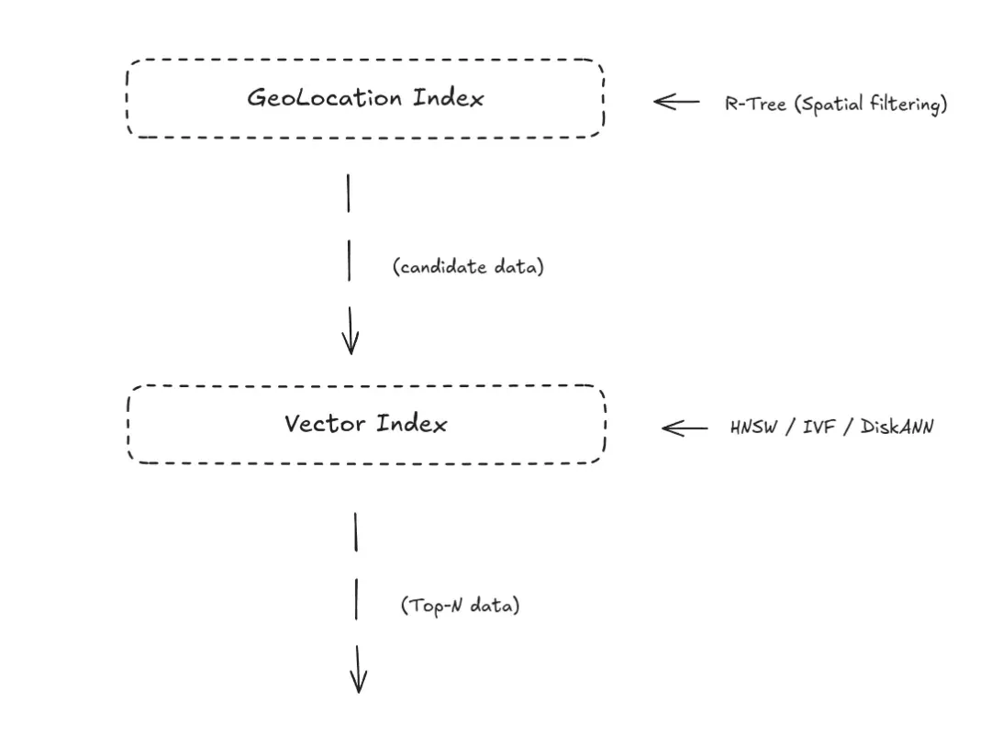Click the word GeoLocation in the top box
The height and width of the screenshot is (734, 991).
tap(324, 98)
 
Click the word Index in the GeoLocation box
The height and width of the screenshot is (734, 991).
tap(448, 97)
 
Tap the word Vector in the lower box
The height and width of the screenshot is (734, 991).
tap(324, 424)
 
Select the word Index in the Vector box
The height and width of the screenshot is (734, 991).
tap(411, 423)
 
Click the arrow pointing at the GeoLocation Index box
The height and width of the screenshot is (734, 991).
tap(676, 101)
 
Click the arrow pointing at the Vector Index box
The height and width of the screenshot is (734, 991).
tap(685, 428)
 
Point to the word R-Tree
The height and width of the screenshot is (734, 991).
tap(755, 103)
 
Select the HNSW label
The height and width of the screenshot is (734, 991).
tap(753, 428)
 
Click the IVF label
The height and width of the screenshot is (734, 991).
tap(819, 427)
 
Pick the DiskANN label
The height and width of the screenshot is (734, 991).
tap(896, 427)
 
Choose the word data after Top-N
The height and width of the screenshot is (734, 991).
tap(495, 605)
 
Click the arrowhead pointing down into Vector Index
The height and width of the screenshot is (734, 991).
tap(351, 341)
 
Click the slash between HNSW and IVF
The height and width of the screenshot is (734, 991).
tap(790, 428)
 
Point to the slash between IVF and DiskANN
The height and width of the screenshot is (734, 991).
tap(848, 427)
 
